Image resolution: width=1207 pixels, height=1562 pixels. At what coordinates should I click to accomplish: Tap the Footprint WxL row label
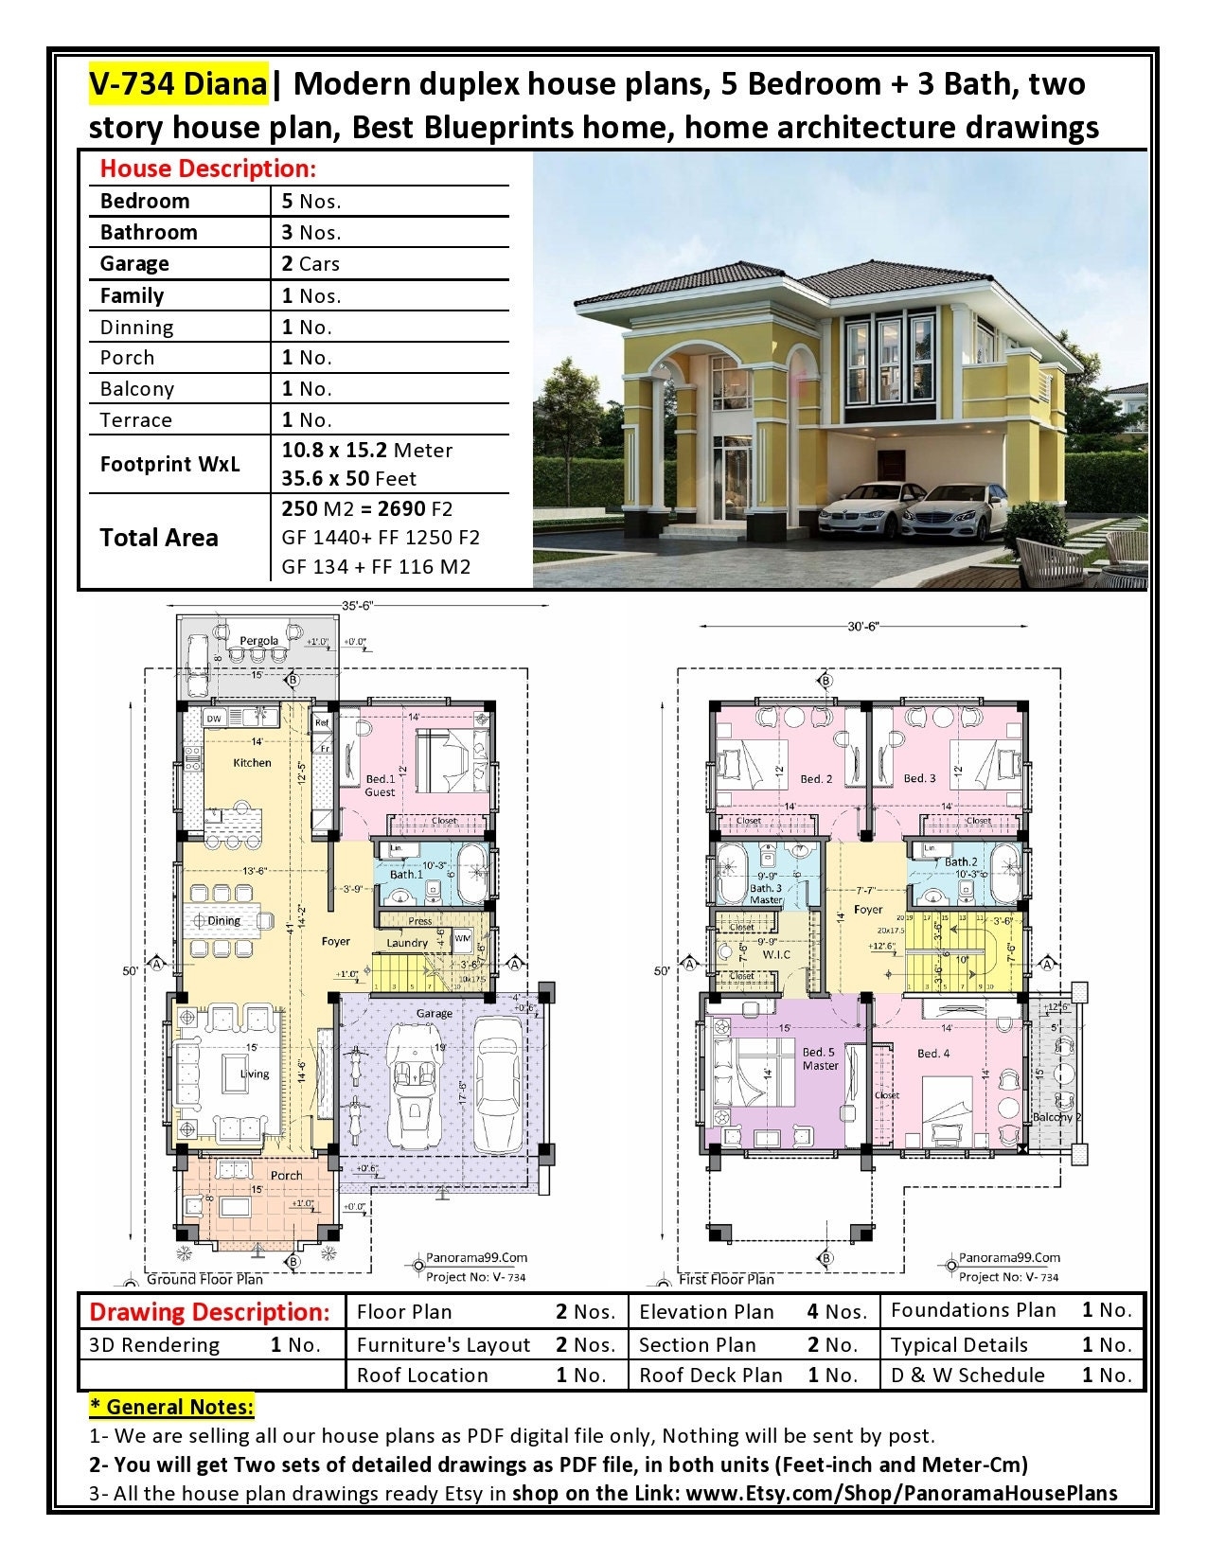pyautogui.click(x=169, y=464)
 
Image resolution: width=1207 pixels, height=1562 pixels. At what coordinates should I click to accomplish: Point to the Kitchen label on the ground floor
pyautogui.click(x=252, y=762)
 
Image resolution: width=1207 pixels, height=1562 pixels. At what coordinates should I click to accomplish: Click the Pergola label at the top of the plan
pyautogui.click(x=258, y=641)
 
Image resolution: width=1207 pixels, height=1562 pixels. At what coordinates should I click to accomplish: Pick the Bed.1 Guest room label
pyautogui.click(x=380, y=786)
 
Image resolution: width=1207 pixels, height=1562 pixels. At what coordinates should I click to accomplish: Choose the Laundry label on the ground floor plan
pyautogui.click(x=407, y=943)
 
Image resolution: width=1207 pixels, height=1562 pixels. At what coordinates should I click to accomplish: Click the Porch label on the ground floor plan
pyautogui.click(x=286, y=1175)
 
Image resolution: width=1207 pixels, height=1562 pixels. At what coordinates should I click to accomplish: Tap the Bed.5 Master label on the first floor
pyautogui.click(x=820, y=1058)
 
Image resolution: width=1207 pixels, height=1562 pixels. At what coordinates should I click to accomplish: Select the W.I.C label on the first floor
pyautogui.click(x=775, y=954)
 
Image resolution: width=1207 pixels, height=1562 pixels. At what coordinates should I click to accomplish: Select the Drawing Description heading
pyautogui.click(x=209, y=1312)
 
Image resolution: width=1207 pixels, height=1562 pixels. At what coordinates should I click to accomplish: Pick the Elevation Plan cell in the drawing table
pyautogui.click(x=706, y=1312)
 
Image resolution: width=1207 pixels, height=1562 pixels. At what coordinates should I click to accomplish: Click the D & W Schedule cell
pyautogui.click(x=967, y=1376)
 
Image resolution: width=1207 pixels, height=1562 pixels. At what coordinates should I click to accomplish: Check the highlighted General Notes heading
pyautogui.click(x=171, y=1407)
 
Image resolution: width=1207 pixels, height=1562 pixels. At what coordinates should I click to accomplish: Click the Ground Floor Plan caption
pyautogui.click(x=204, y=1280)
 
